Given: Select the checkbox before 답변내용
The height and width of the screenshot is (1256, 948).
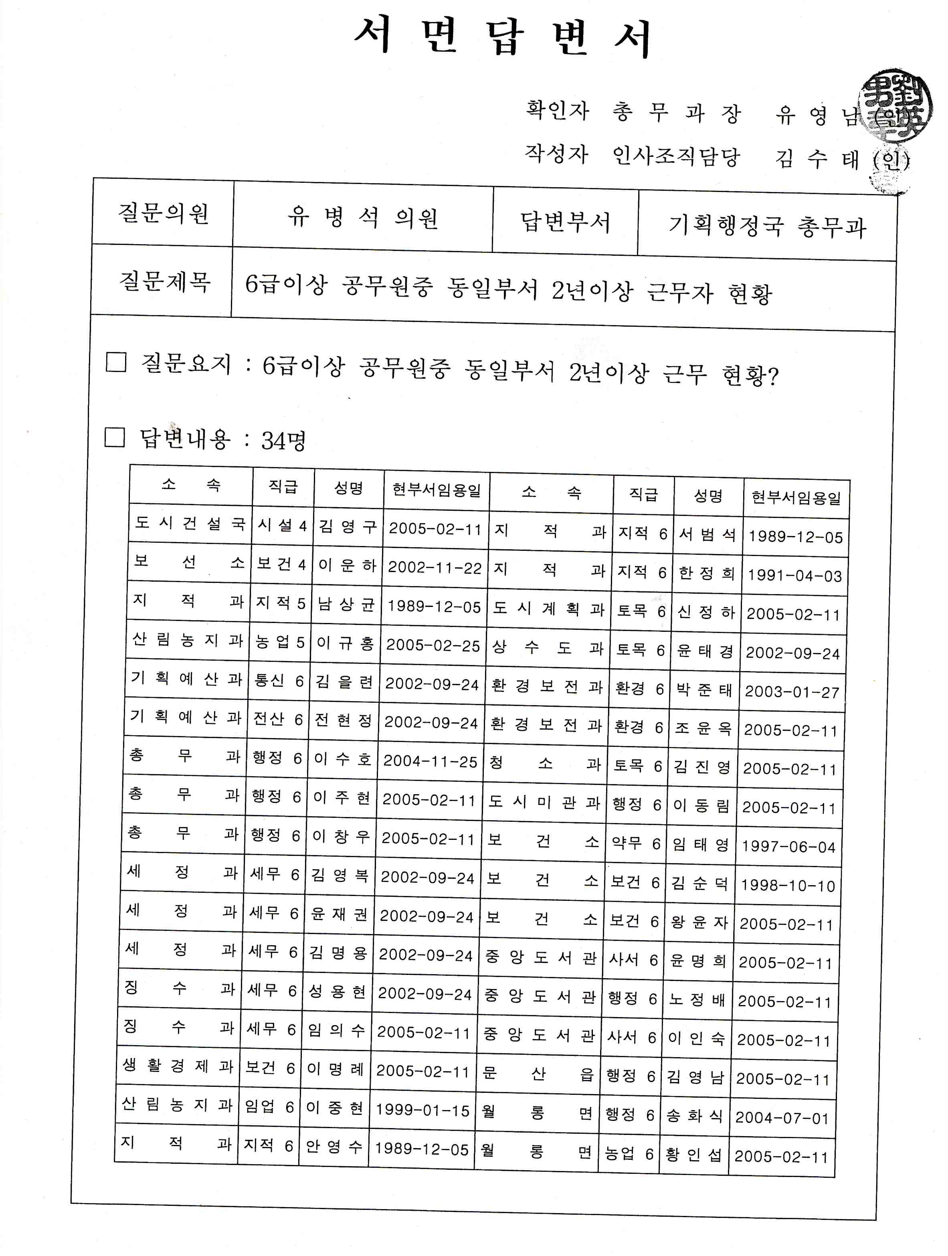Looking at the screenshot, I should click(115, 437).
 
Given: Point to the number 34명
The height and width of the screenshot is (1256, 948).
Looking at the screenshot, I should click(283, 441).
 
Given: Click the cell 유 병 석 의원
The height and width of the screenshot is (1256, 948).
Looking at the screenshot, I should click(362, 217).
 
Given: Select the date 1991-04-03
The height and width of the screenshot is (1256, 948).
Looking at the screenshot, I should click(794, 576).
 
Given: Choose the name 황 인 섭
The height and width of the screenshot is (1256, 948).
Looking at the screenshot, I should click(693, 1154).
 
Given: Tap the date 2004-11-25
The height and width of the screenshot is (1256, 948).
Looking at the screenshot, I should click(430, 761).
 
